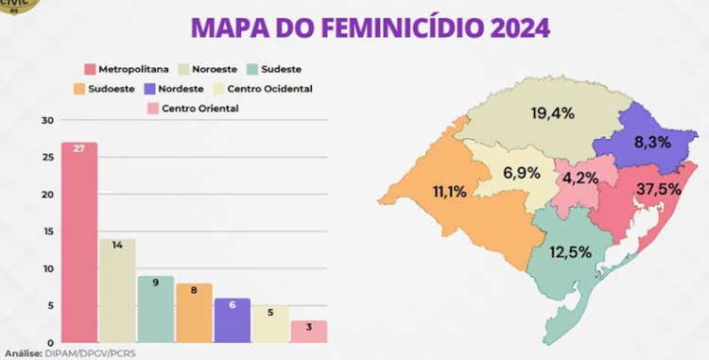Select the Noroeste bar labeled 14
pos(117,291)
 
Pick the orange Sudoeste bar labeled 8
pos(193,313)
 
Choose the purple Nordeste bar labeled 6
pos(232,320)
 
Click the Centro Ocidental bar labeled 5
pos(269,324)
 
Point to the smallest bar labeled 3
pos(307,332)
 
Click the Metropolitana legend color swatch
pos(90,69)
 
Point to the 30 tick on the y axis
pos(47,121)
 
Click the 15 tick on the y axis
pos(47,231)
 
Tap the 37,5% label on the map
pos(658,189)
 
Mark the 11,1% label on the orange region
pos(449,192)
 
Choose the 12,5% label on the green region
pos(572,251)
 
